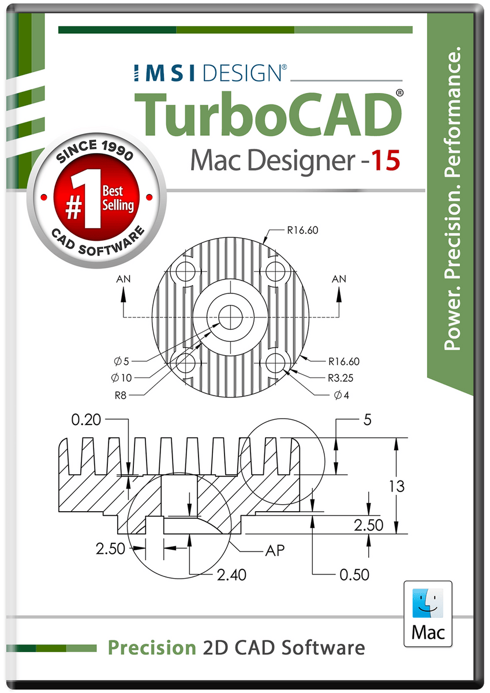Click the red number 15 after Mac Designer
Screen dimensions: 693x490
coord(383,160)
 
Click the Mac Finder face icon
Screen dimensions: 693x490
coord(428,602)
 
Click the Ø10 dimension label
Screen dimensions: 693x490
coord(122,378)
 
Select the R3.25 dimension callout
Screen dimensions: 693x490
coord(341,378)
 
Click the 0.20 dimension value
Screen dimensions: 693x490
coord(86,420)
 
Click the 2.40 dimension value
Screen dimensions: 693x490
coord(231,575)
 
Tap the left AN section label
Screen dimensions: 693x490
coord(123,279)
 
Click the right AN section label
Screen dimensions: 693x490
coord(339,279)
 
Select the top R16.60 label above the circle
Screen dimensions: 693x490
coord(302,230)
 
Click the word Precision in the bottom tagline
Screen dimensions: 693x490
coord(152,647)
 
